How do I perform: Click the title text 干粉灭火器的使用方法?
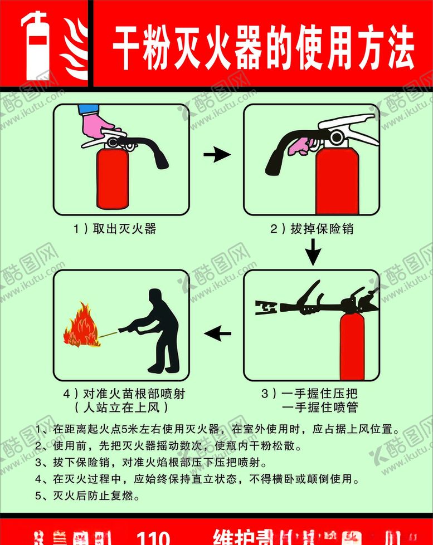point(263,47)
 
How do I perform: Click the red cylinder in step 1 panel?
point(113,177)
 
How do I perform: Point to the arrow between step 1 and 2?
point(217,155)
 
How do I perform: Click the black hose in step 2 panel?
point(282,150)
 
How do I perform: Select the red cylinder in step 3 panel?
point(352,345)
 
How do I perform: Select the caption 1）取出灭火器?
point(114,228)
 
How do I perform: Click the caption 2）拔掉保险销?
point(312,228)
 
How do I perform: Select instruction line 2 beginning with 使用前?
point(168,446)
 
